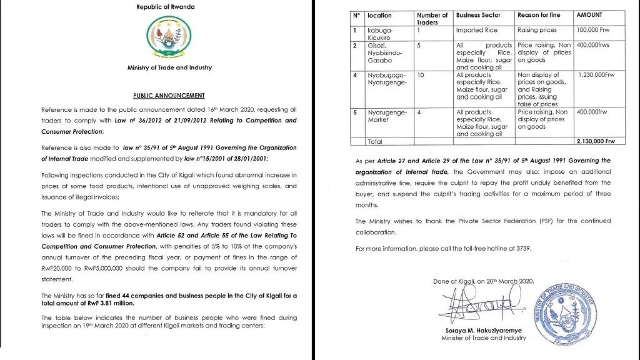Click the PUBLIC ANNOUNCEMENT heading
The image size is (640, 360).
pyautogui.click(x=169, y=96)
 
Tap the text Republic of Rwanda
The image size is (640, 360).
pyautogui.click(x=165, y=7)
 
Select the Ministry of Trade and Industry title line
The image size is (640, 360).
pyautogui.click(x=169, y=67)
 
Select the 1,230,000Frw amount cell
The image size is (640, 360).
pyautogui.click(x=597, y=75)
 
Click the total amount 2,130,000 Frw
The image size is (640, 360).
pyautogui.click(x=595, y=141)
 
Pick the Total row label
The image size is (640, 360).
pyautogui.click(x=375, y=142)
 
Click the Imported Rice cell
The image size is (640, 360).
pyautogui.click(x=477, y=29)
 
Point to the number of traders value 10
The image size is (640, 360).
pyautogui.click(x=421, y=75)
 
